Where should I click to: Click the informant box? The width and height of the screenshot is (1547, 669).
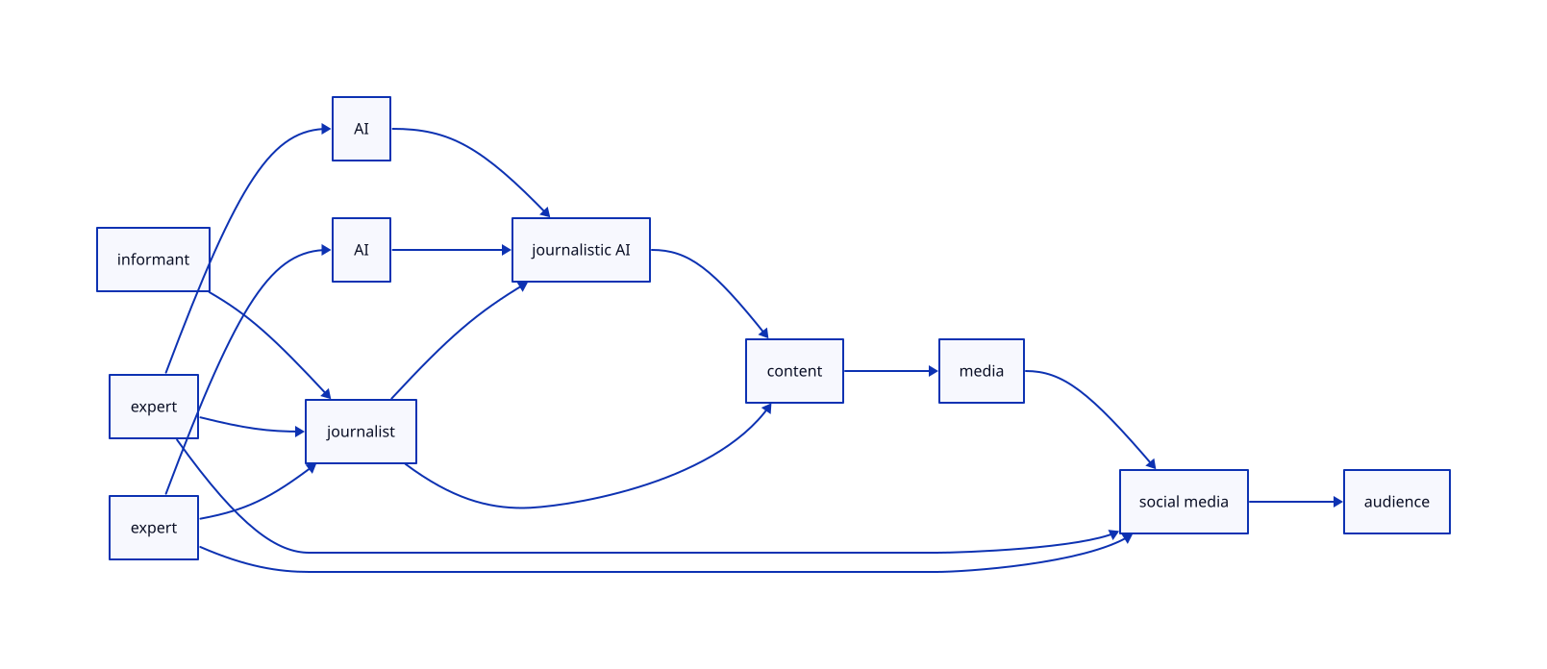[x=153, y=260]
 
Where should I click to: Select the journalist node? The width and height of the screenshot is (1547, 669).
[x=361, y=432]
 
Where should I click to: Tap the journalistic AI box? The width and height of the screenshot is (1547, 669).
[x=581, y=250]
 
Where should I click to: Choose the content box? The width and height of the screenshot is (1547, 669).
[x=794, y=371]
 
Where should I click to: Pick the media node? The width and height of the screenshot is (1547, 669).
[x=981, y=371]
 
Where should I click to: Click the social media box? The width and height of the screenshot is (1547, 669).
[x=1184, y=502]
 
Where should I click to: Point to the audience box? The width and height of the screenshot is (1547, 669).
[x=1396, y=502]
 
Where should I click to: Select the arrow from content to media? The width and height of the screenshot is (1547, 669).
[x=889, y=371]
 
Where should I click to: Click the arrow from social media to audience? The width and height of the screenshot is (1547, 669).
[x=1293, y=502]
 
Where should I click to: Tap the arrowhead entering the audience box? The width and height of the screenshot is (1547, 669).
[x=1337, y=502]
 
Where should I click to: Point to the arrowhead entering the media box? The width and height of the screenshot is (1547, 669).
[x=933, y=371]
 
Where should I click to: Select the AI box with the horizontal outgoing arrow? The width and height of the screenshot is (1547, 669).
[x=362, y=250]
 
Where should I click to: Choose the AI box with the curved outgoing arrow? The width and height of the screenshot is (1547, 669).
[x=362, y=129]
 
